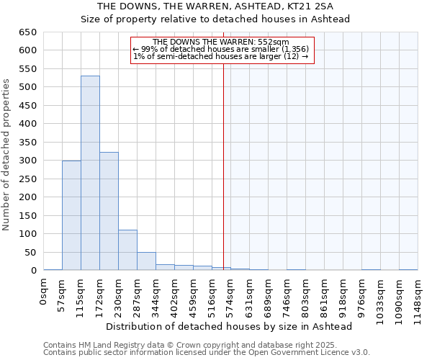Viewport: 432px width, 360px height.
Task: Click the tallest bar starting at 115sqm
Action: coord(90,173)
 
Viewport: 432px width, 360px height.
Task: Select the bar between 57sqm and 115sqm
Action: coord(71,215)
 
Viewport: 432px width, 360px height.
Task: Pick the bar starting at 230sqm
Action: coord(127,250)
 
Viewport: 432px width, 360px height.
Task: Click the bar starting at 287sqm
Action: coord(146,261)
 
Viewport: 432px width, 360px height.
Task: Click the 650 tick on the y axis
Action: coord(28,32)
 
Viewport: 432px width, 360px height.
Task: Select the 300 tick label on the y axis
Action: coord(28,161)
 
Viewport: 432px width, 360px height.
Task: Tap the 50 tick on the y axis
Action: coord(31,252)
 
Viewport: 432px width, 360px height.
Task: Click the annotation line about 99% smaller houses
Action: coord(221,49)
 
